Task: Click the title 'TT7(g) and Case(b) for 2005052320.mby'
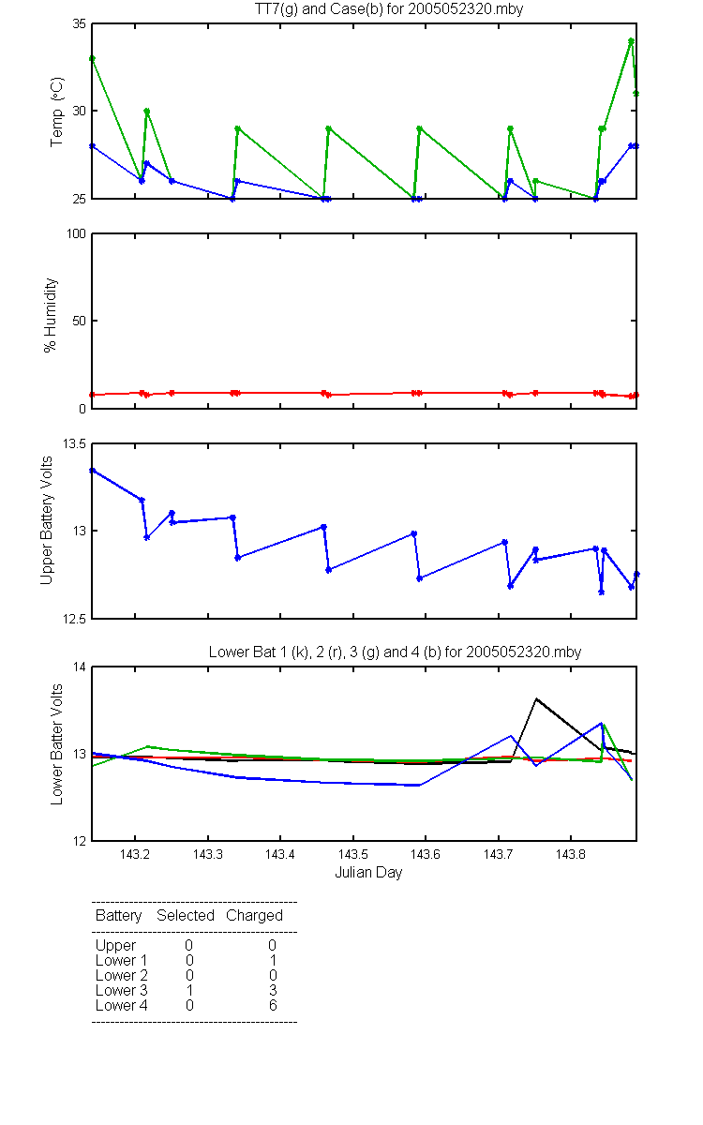pos(389,9)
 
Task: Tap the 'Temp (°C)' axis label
pos(57,112)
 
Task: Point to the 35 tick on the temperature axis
pos(80,23)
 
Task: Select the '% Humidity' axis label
pos(51,315)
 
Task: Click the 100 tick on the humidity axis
pos(76,233)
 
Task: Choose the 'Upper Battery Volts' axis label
pos(46,520)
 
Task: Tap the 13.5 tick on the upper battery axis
pos(74,443)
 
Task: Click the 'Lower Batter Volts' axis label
pos(56,744)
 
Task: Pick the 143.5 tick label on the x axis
pos(353,854)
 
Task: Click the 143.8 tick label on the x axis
pos(571,854)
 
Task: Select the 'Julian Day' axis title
pos(368,873)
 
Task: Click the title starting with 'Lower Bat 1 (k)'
pos(395,652)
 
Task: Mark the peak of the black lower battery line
pos(536,698)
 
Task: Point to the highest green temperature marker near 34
pos(631,41)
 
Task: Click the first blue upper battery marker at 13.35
pos(93,471)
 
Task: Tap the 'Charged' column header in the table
pos(254,916)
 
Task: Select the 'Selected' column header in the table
pos(186,915)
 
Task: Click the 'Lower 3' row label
pos(122,990)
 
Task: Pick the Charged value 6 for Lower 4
pos(273,1005)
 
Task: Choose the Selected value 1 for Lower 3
pos(189,990)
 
